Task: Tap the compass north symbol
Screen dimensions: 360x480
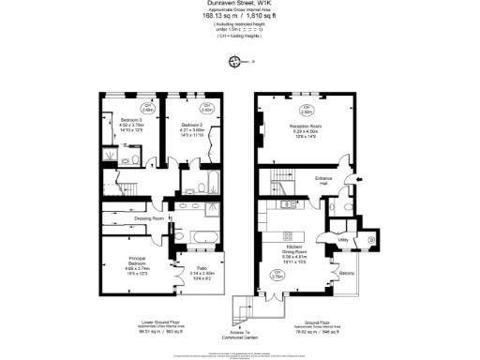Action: click(234, 61)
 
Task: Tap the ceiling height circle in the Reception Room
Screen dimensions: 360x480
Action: click(294, 110)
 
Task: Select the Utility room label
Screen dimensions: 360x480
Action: click(343, 240)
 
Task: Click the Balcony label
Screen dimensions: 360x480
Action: click(346, 273)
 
